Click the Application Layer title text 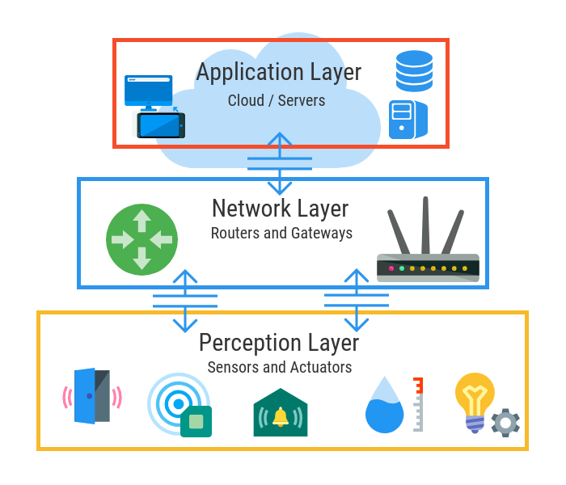tap(279, 72)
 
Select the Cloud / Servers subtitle tap(277, 101)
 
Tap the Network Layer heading tap(280, 209)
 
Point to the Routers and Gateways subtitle tap(281, 234)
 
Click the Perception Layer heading tap(279, 343)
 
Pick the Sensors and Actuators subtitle tap(280, 367)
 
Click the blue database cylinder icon tap(414, 70)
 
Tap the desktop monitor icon tap(148, 91)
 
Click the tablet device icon tap(160, 124)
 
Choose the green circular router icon tap(141, 239)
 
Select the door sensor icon tap(91, 397)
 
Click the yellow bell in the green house tap(281, 417)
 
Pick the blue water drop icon tap(384, 407)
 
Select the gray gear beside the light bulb tap(505, 422)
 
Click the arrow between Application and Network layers tap(280, 162)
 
